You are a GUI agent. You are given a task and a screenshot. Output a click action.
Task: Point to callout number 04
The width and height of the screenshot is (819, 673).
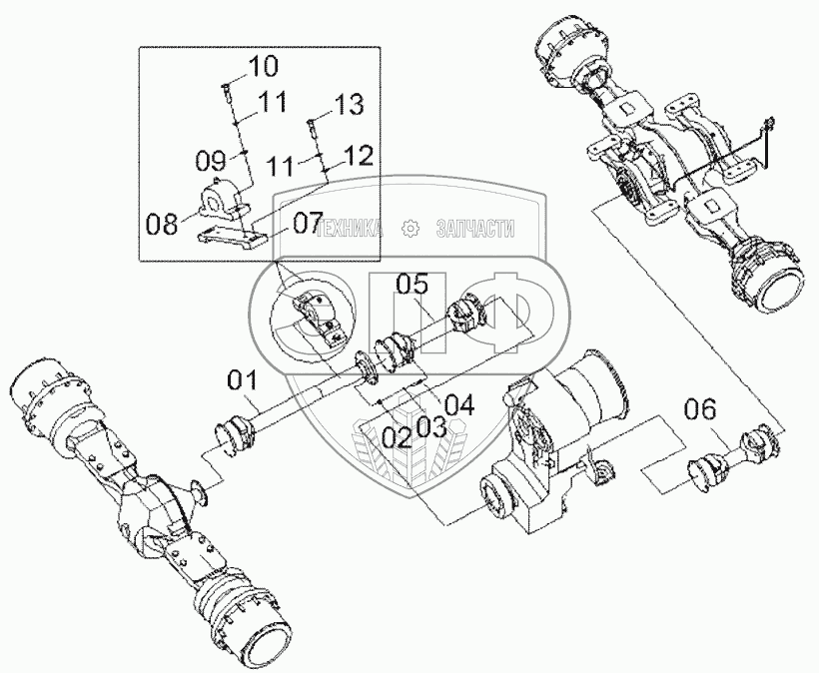point(458,404)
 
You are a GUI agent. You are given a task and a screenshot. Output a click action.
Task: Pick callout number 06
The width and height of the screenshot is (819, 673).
point(700,408)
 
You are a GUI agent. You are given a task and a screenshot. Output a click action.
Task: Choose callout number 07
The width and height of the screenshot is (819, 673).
point(307,220)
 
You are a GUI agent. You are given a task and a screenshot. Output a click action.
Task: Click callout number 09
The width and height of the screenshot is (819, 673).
point(210,158)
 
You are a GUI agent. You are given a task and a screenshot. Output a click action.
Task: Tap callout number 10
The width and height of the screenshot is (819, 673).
point(264,68)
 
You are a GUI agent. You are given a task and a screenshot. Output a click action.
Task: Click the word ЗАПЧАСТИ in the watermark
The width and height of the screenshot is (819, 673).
point(475,230)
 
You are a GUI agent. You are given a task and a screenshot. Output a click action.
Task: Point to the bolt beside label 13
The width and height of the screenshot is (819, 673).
point(312,127)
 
